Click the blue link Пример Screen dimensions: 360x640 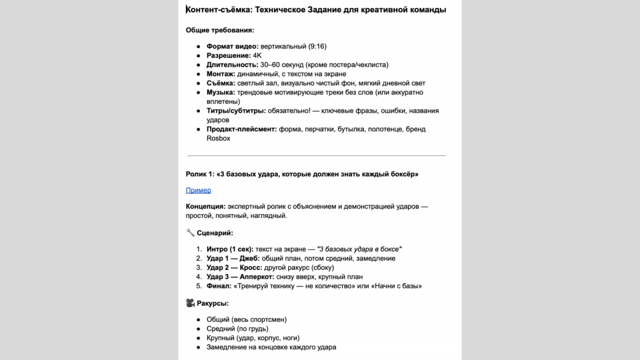pos(198,190)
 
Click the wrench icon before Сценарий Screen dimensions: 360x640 pos(190,232)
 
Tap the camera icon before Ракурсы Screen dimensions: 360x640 pos(190,303)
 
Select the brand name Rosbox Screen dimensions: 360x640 pos(218,138)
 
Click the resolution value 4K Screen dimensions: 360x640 pos(257,56)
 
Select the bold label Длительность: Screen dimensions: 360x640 pos(232,65)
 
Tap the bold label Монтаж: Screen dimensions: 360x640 pos(221,74)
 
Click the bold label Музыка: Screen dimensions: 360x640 pos(221,92)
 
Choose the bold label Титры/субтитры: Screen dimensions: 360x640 pos(236,111)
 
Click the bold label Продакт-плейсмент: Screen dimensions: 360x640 pos(242,129)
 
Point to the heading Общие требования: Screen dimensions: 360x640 pos(220,30)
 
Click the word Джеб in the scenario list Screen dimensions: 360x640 pos(249,258)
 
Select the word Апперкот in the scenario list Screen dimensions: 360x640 pos(256,277)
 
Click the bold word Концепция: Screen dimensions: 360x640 pos(206,207)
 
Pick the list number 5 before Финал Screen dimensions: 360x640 pos(199,286)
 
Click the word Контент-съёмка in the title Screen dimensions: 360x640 pos(219,10)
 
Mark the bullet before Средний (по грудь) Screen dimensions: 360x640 pos(198,329)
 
